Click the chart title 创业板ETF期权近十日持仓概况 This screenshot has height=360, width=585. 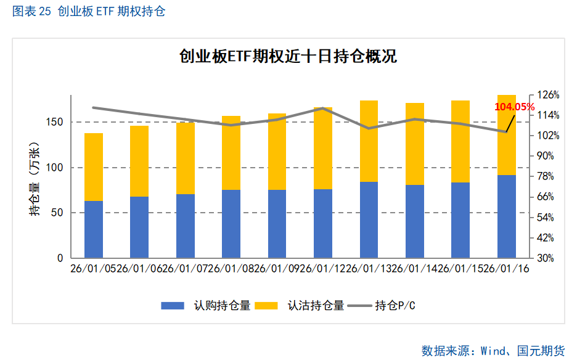[287, 57]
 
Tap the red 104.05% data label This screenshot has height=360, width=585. [514, 107]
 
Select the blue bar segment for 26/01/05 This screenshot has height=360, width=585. [94, 229]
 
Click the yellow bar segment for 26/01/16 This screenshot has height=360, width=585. [507, 135]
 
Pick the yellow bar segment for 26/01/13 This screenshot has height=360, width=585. [369, 141]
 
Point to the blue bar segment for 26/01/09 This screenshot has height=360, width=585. [277, 224]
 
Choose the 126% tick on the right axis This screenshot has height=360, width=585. [548, 95]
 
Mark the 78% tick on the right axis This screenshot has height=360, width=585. [546, 176]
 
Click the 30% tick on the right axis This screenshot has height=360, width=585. [546, 258]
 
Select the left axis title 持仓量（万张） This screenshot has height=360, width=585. [35, 179]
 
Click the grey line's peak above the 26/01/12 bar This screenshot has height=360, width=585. [323, 108]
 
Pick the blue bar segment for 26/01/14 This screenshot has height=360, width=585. [415, 221]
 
